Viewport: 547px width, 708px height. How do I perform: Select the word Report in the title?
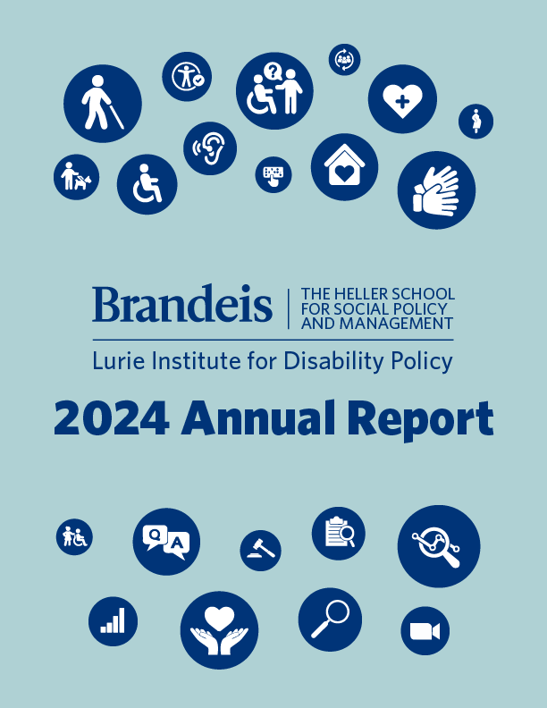(x=419, y=419)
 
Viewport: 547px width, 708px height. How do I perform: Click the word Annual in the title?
(x=260, y=419)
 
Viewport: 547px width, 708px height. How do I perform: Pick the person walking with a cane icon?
(x=103, y=104)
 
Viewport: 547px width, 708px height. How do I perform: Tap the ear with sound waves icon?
(x=210, y=147)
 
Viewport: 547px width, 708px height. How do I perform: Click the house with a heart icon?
(x=344, y=167)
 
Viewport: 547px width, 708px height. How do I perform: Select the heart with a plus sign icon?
(x=402, y=98)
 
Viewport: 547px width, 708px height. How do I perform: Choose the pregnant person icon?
(x=476, y=122)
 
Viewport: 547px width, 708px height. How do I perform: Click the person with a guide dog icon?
(x=77, y=177)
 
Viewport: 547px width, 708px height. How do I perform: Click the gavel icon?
(x=260, y=550)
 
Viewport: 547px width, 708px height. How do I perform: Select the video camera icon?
(x=425, y=631)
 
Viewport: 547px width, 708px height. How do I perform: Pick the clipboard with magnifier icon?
(x=339, y=534)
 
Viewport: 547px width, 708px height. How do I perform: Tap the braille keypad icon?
(x=273, y=173)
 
